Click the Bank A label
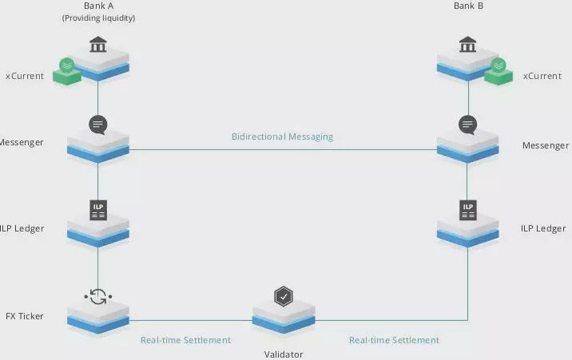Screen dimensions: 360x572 pyautogui.click(x=98, y=6)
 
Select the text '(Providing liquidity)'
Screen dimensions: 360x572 pyautogui.click(x=98, y=18)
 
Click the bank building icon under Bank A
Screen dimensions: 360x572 pyautogui.click(x=98, y=43)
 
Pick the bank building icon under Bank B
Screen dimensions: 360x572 pyautogui.click(x=468, y=43)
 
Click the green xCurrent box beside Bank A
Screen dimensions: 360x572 pyautogui.click(x=66, y=71)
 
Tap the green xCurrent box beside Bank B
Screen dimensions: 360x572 pyautogui.click(x=499, y=71)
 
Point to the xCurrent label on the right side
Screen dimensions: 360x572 pyautogui.click(x=541, y=77)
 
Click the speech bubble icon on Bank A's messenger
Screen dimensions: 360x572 pyautogui.click(x=98, y=125)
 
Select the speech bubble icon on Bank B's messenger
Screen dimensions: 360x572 pyautogui.click(x=468, y=125)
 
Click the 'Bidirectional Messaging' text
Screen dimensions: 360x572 pyautogui.click(x=282, y=136)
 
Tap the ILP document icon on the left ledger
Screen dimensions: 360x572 pyautogui.click(x=98, y=210)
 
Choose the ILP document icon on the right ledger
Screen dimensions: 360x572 pyautogui.click(x=468, y=210)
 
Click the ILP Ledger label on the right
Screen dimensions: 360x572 pyautogui.click(x=543, y=228)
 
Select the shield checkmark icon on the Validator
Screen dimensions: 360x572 pyautogui.click(x=283, y=297)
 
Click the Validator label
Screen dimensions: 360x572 pyautogui.click(x=284, y=354)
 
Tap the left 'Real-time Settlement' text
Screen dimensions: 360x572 pyautogui.click(x=185, y=340)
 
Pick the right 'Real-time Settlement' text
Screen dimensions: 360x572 pyautogui.click(x=394, y=340)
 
